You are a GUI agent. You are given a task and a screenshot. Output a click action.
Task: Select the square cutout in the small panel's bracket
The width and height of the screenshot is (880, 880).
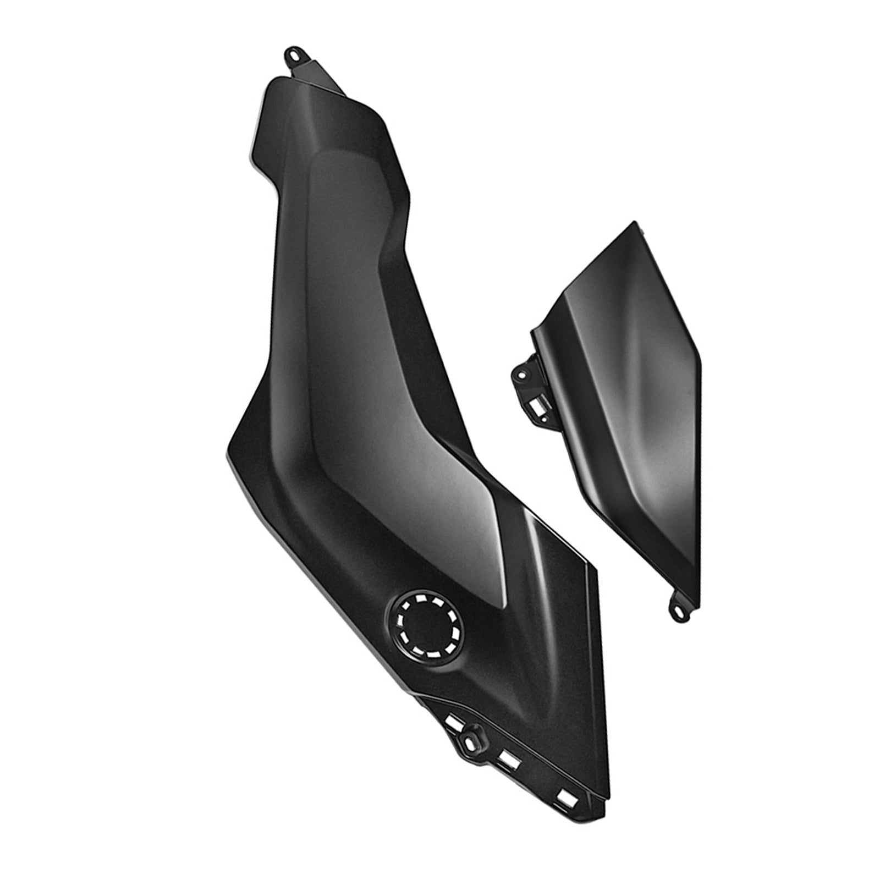point(536,408)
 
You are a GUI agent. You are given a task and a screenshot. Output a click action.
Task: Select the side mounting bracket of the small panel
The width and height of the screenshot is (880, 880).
point(531,385)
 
